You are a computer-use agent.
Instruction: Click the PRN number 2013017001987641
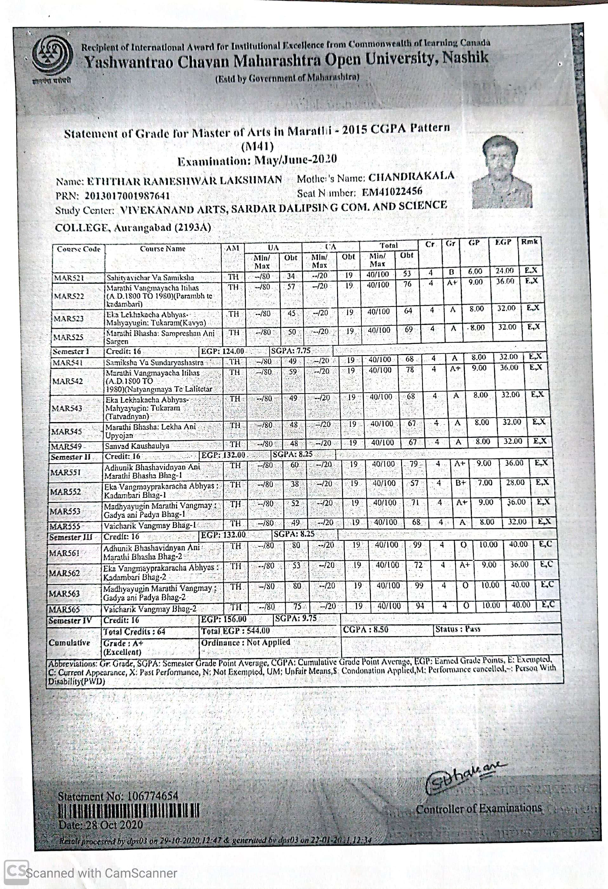(127, 196)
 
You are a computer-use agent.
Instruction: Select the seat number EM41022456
(392, 191)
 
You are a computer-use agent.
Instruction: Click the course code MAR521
(69, 278)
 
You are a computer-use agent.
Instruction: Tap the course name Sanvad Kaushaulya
(137, 446)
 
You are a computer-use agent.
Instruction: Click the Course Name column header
(162, 249)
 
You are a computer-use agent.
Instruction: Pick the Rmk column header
(529, 242)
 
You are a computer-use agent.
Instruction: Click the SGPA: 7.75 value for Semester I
(291, 351)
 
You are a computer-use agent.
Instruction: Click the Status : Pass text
(458, 629)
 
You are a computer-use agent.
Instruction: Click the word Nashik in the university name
(465, 58)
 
